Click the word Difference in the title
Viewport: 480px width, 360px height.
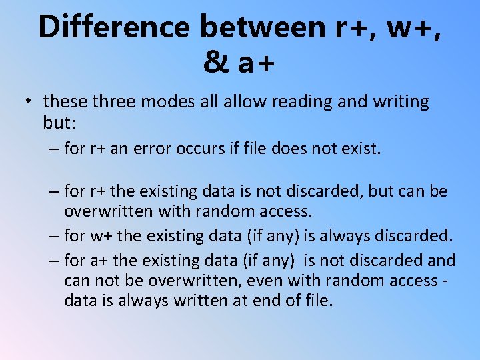(x=114, y=27)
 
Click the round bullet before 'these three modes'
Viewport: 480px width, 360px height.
(x=29, y=102)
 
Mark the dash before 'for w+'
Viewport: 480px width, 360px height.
(x=53, y=236)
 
